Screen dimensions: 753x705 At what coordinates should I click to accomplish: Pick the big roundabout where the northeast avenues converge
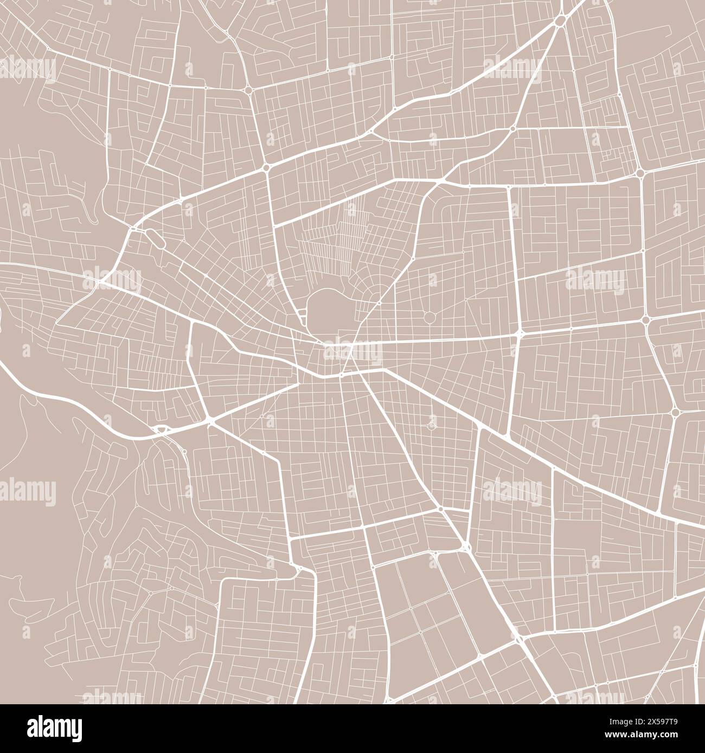pyautogui.click(x=560, y=21)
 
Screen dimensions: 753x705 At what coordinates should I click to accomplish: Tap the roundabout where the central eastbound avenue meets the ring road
pyautogui.click(x=645, y=320)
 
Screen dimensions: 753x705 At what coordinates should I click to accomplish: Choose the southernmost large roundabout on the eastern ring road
pyautogui.click(x=675, y=412)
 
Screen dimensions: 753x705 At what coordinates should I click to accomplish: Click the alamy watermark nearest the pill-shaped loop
pyautogui.click(x=111, y=279)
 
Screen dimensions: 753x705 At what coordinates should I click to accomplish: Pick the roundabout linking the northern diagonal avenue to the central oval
pyautogui.click(x=266, y=168)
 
